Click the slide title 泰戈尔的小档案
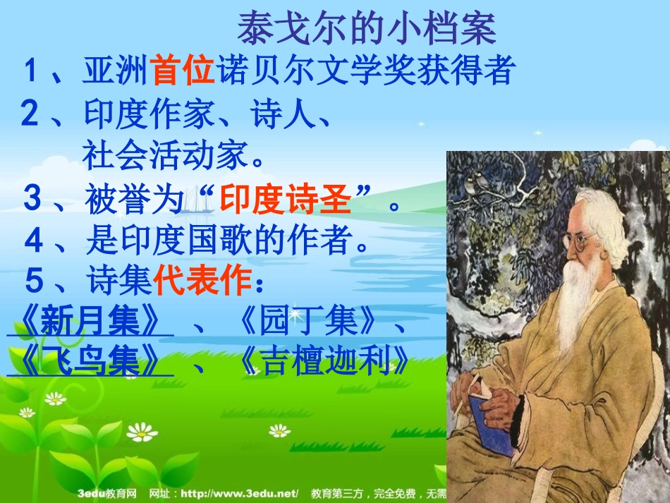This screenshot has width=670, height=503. [x=367, y=28]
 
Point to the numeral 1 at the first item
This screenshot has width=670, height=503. [x=30, y=71]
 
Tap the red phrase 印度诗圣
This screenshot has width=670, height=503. [x=285, y=200]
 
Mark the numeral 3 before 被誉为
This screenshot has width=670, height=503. [x=32, y=199]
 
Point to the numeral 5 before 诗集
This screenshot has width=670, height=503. [x=34, y=282]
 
